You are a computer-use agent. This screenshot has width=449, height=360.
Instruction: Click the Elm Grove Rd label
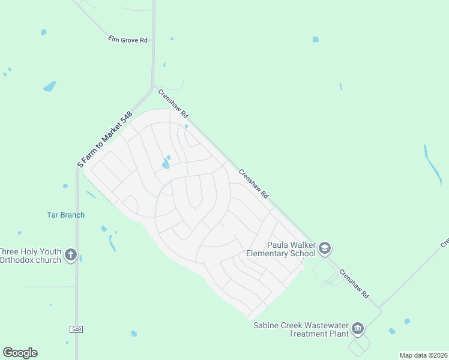pos(127,40)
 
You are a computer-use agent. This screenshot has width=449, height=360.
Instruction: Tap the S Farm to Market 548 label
pos(104,139)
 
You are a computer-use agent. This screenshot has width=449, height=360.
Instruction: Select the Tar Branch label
pos(65,215)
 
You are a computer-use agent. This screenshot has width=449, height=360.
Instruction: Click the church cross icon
pos(71,254)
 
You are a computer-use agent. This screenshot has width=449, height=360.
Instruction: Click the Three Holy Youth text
pos(30,251)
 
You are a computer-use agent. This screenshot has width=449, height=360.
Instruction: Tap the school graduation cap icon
pos(325,248)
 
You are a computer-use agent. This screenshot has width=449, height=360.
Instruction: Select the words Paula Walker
pos(291,245)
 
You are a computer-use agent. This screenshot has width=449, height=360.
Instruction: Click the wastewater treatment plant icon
pos(358,328)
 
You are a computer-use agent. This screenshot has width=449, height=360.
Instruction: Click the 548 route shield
pos(76,329)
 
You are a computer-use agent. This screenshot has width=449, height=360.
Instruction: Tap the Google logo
pos(20,353)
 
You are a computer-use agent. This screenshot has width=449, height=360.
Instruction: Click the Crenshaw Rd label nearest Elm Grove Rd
pos(173,103)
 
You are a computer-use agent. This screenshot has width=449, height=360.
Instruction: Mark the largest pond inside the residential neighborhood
pos(165,164)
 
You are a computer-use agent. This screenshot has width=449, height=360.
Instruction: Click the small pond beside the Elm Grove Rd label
pos(172,39)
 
